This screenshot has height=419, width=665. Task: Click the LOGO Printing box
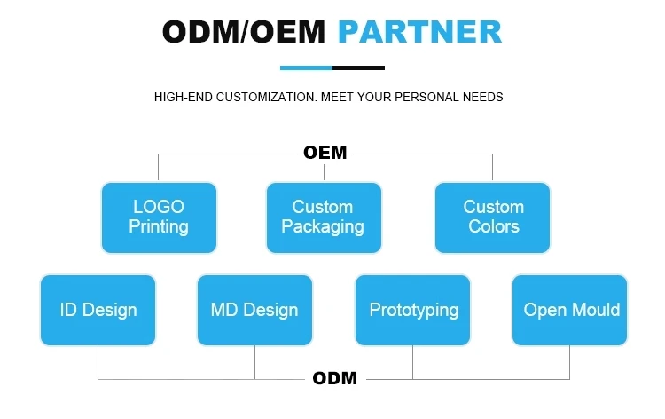tap(159, 217)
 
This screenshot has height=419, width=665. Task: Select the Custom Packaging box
tap(324, 217)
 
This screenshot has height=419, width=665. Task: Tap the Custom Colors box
tap(493, 217)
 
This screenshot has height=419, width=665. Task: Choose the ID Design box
tap(98, 310)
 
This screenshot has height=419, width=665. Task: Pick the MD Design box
tap(254, 310)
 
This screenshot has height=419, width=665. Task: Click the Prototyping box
tap(413, 310)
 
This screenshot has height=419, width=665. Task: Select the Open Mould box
tap(570, 310)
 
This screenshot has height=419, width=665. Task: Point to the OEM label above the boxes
tap(325, 153)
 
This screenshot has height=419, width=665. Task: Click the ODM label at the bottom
tap(335, 379)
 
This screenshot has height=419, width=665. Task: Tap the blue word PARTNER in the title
tap(420, 33)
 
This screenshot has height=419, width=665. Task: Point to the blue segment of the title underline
tap(306, 67)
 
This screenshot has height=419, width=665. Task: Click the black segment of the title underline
tap(358, 67)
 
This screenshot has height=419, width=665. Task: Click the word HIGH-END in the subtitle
tap(181, 97)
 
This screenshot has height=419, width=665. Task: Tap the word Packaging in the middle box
tap(324, 226)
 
